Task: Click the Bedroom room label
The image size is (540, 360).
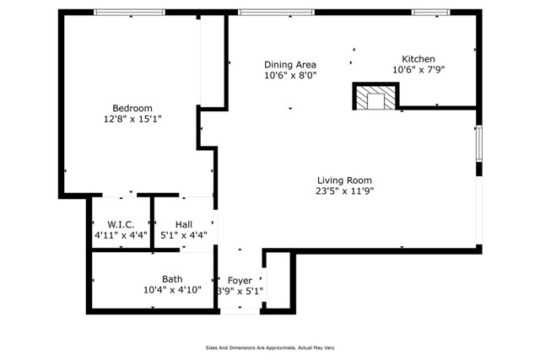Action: pos(132,108)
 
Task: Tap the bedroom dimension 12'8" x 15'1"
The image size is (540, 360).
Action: pos(132,120)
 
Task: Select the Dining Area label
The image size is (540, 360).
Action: pos(290,65)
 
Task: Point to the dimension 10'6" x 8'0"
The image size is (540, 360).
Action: pos(290,76)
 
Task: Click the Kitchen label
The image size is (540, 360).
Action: pos(418,58)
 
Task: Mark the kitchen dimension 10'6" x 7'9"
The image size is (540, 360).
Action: pos(418,70)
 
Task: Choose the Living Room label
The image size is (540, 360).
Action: pos(344,180)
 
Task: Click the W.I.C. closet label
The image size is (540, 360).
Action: pos(121,224)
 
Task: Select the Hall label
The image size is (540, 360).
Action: pos(184,224)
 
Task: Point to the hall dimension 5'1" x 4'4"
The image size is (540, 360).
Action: pos(184,236)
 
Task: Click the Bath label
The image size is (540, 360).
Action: pos(172,279)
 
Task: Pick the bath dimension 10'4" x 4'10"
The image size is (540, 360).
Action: pos(172,291)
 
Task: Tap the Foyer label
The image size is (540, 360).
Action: pos(240,279)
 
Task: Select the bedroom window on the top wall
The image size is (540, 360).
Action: pos(129,12)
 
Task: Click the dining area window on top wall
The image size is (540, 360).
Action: pos(276,12)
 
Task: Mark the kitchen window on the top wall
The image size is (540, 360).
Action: pos(430,12)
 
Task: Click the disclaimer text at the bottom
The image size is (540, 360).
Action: pos(269,347)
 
